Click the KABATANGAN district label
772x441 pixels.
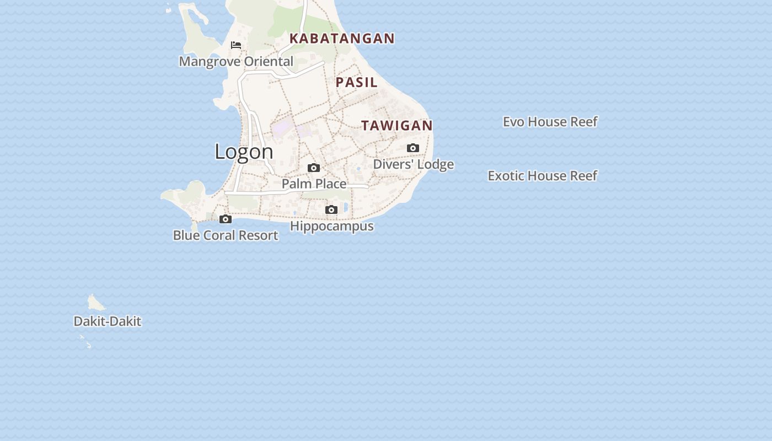(342, 38)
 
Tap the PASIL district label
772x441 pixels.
(357, 82)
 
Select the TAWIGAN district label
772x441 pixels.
(397, 126)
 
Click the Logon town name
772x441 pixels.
(244, 152)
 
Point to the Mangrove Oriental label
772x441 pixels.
(236, 61)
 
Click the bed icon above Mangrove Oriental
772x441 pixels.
(236, 45)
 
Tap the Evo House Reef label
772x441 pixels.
(550, 121)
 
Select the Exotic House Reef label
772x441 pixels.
(542, 175)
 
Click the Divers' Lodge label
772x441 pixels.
(413, 164)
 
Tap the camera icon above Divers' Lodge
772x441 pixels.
(413, 148)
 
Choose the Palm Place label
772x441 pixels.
(314, 184)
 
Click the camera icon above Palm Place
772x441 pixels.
(314, 168)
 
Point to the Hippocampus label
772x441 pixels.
(331, 226)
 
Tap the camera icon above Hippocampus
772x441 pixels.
(331, 209)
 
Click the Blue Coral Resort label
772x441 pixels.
(225, 235)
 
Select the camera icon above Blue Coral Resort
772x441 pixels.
(225, 219)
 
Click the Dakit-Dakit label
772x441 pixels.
(107, 321)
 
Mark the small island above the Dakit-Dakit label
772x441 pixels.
(96, 303)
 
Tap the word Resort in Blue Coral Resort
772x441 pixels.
(260, 235)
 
